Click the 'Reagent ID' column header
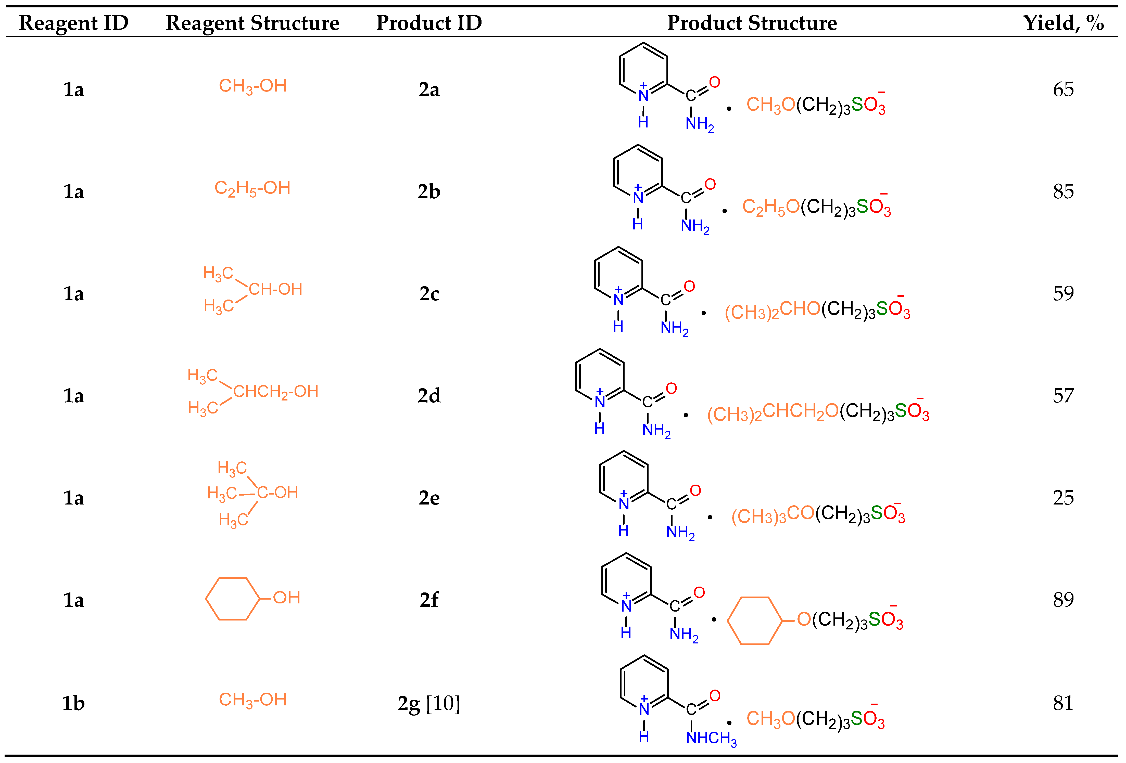pyautogui.click(x=74, y=23)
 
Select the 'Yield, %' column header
pyautogui.click(x=1064, y=23)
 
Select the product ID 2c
pyautogui.click(x=429, y=294)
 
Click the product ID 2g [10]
pyautogui.click(x=429, y=703)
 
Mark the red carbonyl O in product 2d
pyautogui.click(x=671, y=388)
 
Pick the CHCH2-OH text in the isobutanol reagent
pyautogui.click(x=276, y=391)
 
